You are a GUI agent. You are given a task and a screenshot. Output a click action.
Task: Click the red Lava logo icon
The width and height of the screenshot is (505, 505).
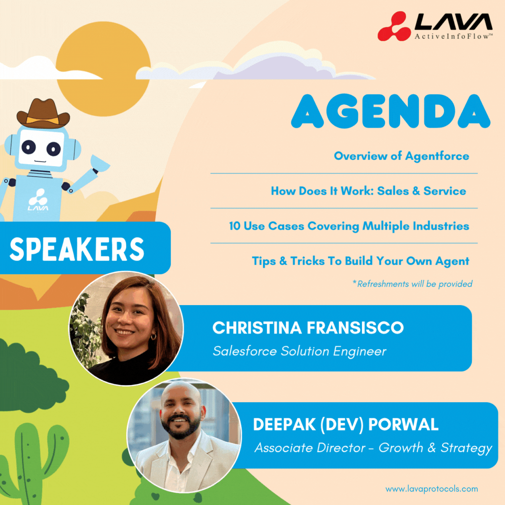coord(393,27)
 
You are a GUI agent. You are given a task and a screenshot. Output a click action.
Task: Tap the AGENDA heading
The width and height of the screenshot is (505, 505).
coord(391,111)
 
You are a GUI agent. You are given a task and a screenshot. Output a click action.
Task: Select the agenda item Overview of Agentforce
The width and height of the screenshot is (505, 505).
coord(401,156)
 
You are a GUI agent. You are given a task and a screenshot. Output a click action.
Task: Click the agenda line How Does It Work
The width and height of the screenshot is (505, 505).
coord(368,191)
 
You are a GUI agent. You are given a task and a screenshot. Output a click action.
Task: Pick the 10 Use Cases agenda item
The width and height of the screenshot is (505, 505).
coord(349,226)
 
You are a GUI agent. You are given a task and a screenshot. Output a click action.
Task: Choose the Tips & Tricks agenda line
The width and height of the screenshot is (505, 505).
coord(360,261)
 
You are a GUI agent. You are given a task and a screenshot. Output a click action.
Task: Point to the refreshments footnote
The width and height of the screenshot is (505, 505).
coord(412,284)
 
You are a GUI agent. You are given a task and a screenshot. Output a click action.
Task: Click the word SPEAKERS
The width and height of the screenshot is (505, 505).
coord(77,249)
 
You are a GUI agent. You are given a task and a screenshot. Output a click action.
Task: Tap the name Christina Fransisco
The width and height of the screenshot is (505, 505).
coord(308,328)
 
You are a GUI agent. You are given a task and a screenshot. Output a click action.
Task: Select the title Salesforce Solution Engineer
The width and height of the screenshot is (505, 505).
coord(299,351)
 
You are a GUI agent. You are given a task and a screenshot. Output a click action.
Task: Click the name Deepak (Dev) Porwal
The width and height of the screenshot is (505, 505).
coord(346,425)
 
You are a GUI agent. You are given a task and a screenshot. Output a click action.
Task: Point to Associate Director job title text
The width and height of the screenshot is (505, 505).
coord(373,448)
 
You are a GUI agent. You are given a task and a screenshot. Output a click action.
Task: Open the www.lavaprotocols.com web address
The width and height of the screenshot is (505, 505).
coord(431,489)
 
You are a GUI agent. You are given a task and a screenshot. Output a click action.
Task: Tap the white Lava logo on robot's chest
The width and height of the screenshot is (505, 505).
coord(38,200)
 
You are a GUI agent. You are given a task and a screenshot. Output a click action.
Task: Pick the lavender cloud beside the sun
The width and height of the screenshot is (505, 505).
coord(269,67)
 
